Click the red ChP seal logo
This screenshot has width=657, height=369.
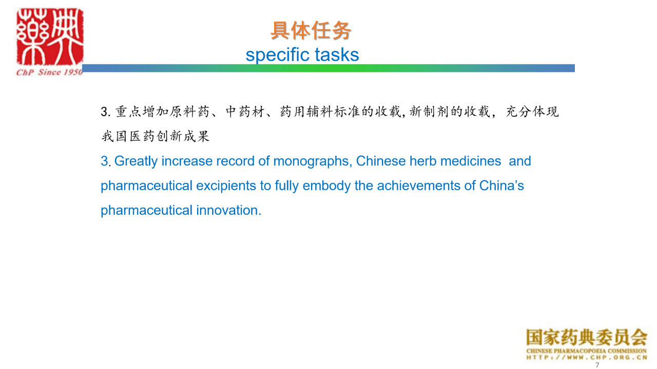[x=50, y=36]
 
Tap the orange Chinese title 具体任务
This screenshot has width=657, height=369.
[x=311, y=30]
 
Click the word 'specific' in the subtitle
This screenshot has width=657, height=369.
[x=278, y=55]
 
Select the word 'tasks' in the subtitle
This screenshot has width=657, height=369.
[x=337, y=54]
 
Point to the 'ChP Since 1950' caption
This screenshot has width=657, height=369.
[x=49, y=72]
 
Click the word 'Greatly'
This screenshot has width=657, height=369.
[x=136, y=161]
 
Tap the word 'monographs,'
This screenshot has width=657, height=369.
[x=313, y=161]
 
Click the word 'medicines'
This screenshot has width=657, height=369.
[x=471, y=161]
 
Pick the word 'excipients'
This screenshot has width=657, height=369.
[x=226, y=186]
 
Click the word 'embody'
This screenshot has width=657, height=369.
[x=326, y=186]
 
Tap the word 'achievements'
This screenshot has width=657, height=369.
[x=419, y=186]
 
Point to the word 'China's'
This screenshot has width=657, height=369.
[x=501, y=186]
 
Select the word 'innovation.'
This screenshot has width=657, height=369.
[x=229, y=210]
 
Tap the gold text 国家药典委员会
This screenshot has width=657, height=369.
[x=587, y=337]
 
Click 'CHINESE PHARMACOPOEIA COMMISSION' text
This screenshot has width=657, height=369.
[x=587, y=351]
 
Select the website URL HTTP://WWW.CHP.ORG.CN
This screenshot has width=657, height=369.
[x=587, y=357]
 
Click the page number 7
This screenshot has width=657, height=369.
[x=597, y=365]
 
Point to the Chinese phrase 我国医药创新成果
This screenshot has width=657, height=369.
[x=156, y=136]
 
